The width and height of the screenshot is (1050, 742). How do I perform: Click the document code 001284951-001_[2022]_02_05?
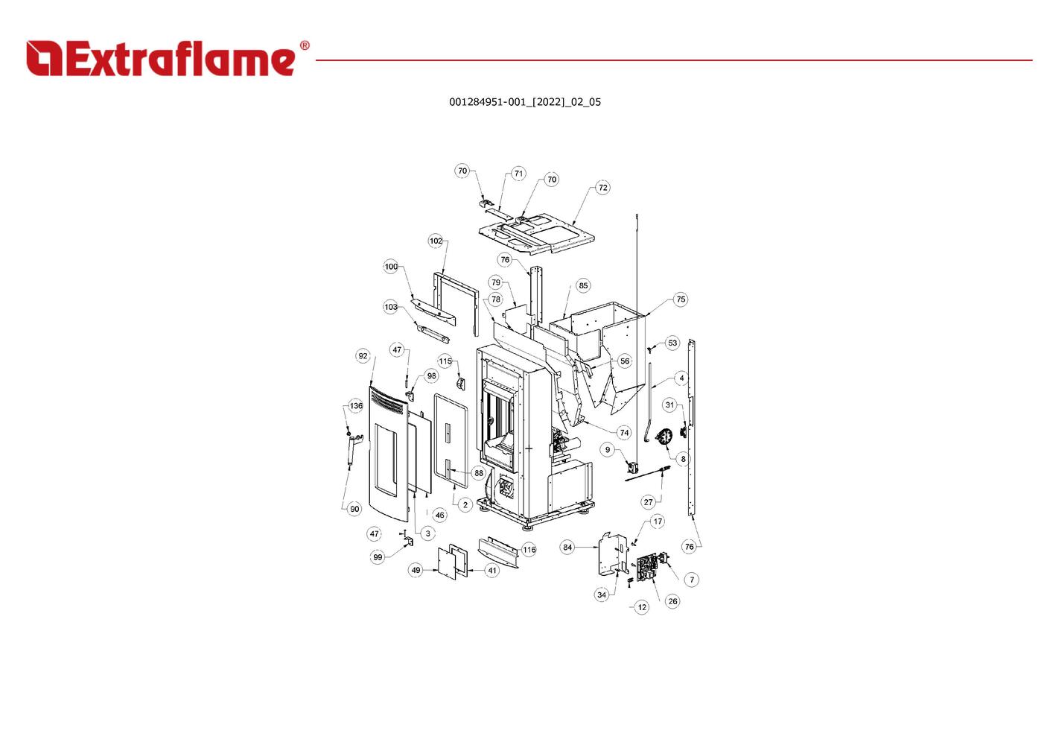[x=524, y=102]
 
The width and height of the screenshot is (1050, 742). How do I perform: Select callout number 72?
[x=602, y=188]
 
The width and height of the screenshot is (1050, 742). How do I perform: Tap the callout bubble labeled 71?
[x=518, y=174]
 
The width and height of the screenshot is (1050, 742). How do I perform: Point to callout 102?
[x=436, y=241]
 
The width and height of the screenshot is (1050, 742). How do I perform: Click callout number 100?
[x=391, y=267]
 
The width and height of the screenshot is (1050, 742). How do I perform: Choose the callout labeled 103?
[x=391, y=307]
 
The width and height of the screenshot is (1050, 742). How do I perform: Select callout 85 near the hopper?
[x=583, y=285]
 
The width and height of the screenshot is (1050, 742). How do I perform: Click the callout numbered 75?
[x=681, y=299]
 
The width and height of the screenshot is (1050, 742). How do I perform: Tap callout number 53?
[x=672, y=343]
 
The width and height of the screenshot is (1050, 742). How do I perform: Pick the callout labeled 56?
[x=624, y=361]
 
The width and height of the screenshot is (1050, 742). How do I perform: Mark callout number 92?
[x=363, y=356]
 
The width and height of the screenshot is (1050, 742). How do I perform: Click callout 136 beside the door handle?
[x=356, y=406]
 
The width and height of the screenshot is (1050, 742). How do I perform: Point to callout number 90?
[x=354, y=510]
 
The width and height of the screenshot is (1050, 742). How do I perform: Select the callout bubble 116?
[x=529, y=550]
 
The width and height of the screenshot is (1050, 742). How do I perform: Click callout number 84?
[x=567, y=548]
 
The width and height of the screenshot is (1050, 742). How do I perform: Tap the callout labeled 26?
[x=672, y=601]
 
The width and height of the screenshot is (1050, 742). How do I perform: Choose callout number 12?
[x=642, y=607]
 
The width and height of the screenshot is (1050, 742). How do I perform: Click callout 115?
[x=445, y=361]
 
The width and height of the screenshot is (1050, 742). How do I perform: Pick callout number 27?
[x=648, y=502]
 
